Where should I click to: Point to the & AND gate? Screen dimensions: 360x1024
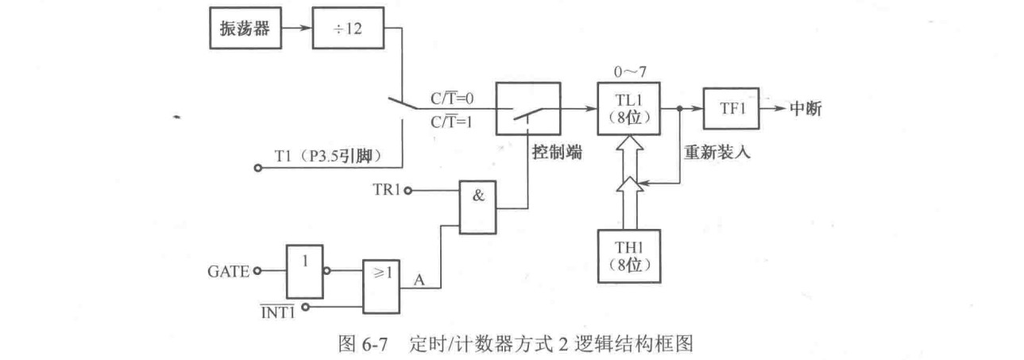tap(479, 204)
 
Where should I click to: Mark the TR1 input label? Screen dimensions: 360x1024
tap(388, 190)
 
